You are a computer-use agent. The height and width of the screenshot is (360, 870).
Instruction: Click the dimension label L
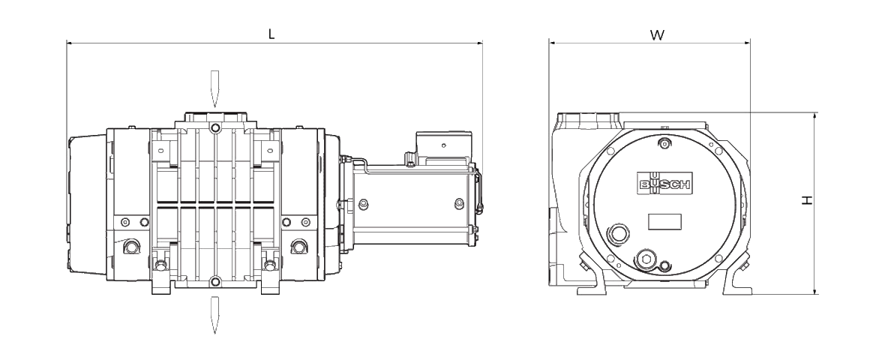click(x=271, y=34)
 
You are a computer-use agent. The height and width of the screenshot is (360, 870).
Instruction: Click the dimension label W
click(x=657, y=35)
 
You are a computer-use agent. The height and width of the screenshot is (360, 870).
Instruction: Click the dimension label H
click(x=807, y=199)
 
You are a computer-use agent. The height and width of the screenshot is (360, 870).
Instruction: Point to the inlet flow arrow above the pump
click(x=214, y=88)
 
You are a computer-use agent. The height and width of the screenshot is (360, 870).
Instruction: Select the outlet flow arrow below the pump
click(x=214, y=315)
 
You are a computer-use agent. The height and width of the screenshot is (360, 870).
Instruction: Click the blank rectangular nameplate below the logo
click(x=664, y=221)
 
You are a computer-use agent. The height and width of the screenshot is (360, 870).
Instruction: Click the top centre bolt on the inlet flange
click(x=214, y=129)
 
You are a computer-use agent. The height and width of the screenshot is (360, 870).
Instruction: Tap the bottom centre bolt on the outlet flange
click(x=214, y=282)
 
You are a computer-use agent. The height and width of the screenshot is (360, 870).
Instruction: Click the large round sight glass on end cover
click(x=617, y=233)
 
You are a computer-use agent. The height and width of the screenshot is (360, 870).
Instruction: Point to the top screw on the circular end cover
click(x=664, y=144)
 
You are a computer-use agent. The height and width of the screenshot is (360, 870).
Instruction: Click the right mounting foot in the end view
click(x=736, y=276)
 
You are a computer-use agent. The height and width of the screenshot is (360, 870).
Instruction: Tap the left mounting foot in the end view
click(x=592, y=276)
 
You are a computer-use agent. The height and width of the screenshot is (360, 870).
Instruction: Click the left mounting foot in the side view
click(x=161, y=283)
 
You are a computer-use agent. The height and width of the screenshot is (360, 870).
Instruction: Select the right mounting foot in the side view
click(x=270, y=283)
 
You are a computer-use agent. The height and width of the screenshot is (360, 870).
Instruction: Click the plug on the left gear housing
click(x=131, y=246)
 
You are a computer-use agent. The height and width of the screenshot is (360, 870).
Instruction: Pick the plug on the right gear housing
click(x=298, y=246)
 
